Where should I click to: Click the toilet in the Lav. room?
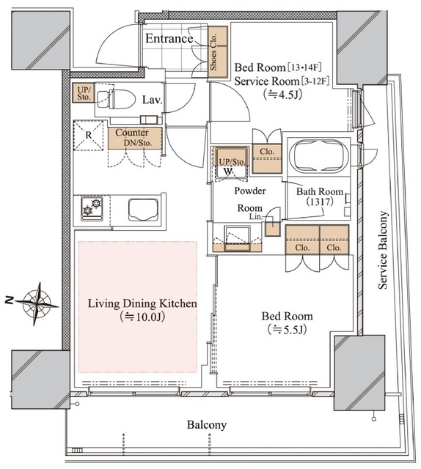click(116, 100)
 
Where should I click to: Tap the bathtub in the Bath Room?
click(319, 155)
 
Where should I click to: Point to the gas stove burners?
click(92, 207)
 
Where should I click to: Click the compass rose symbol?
click(37, 303)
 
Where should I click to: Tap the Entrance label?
click(169, 39)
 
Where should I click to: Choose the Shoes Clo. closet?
click(218, 53)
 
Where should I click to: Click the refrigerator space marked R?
click(88, 135)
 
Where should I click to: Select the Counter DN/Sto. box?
click(135, 139)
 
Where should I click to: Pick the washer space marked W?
click(228, 171)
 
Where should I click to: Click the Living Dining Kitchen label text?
click(142, 303)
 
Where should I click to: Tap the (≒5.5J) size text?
click(288, 329)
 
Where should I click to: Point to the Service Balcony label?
click(383, 250)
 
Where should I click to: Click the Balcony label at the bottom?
click(207, 425)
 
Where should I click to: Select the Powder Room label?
click(249, 199)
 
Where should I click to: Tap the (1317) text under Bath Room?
click(320, 202)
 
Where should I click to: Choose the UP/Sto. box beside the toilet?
click(84, 93)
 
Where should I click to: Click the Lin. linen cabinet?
click(272, 226)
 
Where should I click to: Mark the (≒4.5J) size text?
click(282, 95)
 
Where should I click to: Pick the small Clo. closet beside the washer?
click(267, 158)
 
